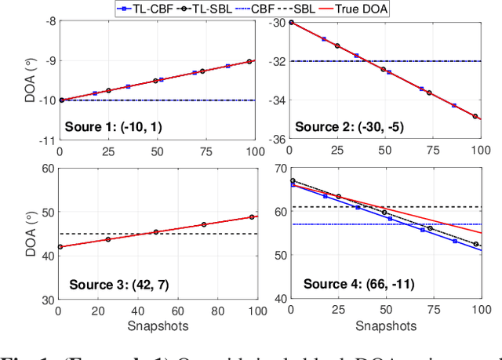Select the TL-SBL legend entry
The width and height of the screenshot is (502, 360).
(207, 8)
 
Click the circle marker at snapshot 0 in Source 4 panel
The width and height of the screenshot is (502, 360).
(292, 181)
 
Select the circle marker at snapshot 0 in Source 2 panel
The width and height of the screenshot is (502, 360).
(291, 22)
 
